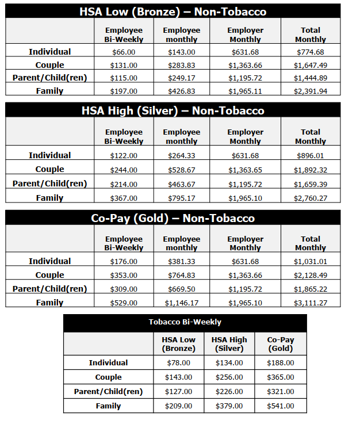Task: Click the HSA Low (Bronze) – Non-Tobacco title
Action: tap(173, 11)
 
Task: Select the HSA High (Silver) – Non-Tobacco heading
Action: tap(173, 110)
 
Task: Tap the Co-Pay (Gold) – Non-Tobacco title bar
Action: tap(173, 218)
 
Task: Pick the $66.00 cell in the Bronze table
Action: tap(124, 52)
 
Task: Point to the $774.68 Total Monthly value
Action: tap(310, 52)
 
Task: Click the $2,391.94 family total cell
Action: tap(310, 91)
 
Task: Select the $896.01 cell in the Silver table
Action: tap(310, 155)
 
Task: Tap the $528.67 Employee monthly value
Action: tap(181, 170)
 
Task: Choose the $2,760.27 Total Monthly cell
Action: tap(310, 198)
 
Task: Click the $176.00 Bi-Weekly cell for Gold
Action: tap(124, 261)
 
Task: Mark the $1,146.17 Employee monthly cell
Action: tap(181, 303)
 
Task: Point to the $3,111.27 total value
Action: tap(310, 303)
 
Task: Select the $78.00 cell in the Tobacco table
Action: tap(179, 363)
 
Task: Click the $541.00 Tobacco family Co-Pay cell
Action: tap(281, 406)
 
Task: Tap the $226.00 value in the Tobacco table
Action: tap(229, 392)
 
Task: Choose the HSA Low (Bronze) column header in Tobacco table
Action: tap(179, 344)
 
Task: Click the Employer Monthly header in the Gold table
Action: tap(245, 243)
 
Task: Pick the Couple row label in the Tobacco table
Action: tap(109, 377)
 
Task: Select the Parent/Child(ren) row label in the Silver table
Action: tap(50, 184)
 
